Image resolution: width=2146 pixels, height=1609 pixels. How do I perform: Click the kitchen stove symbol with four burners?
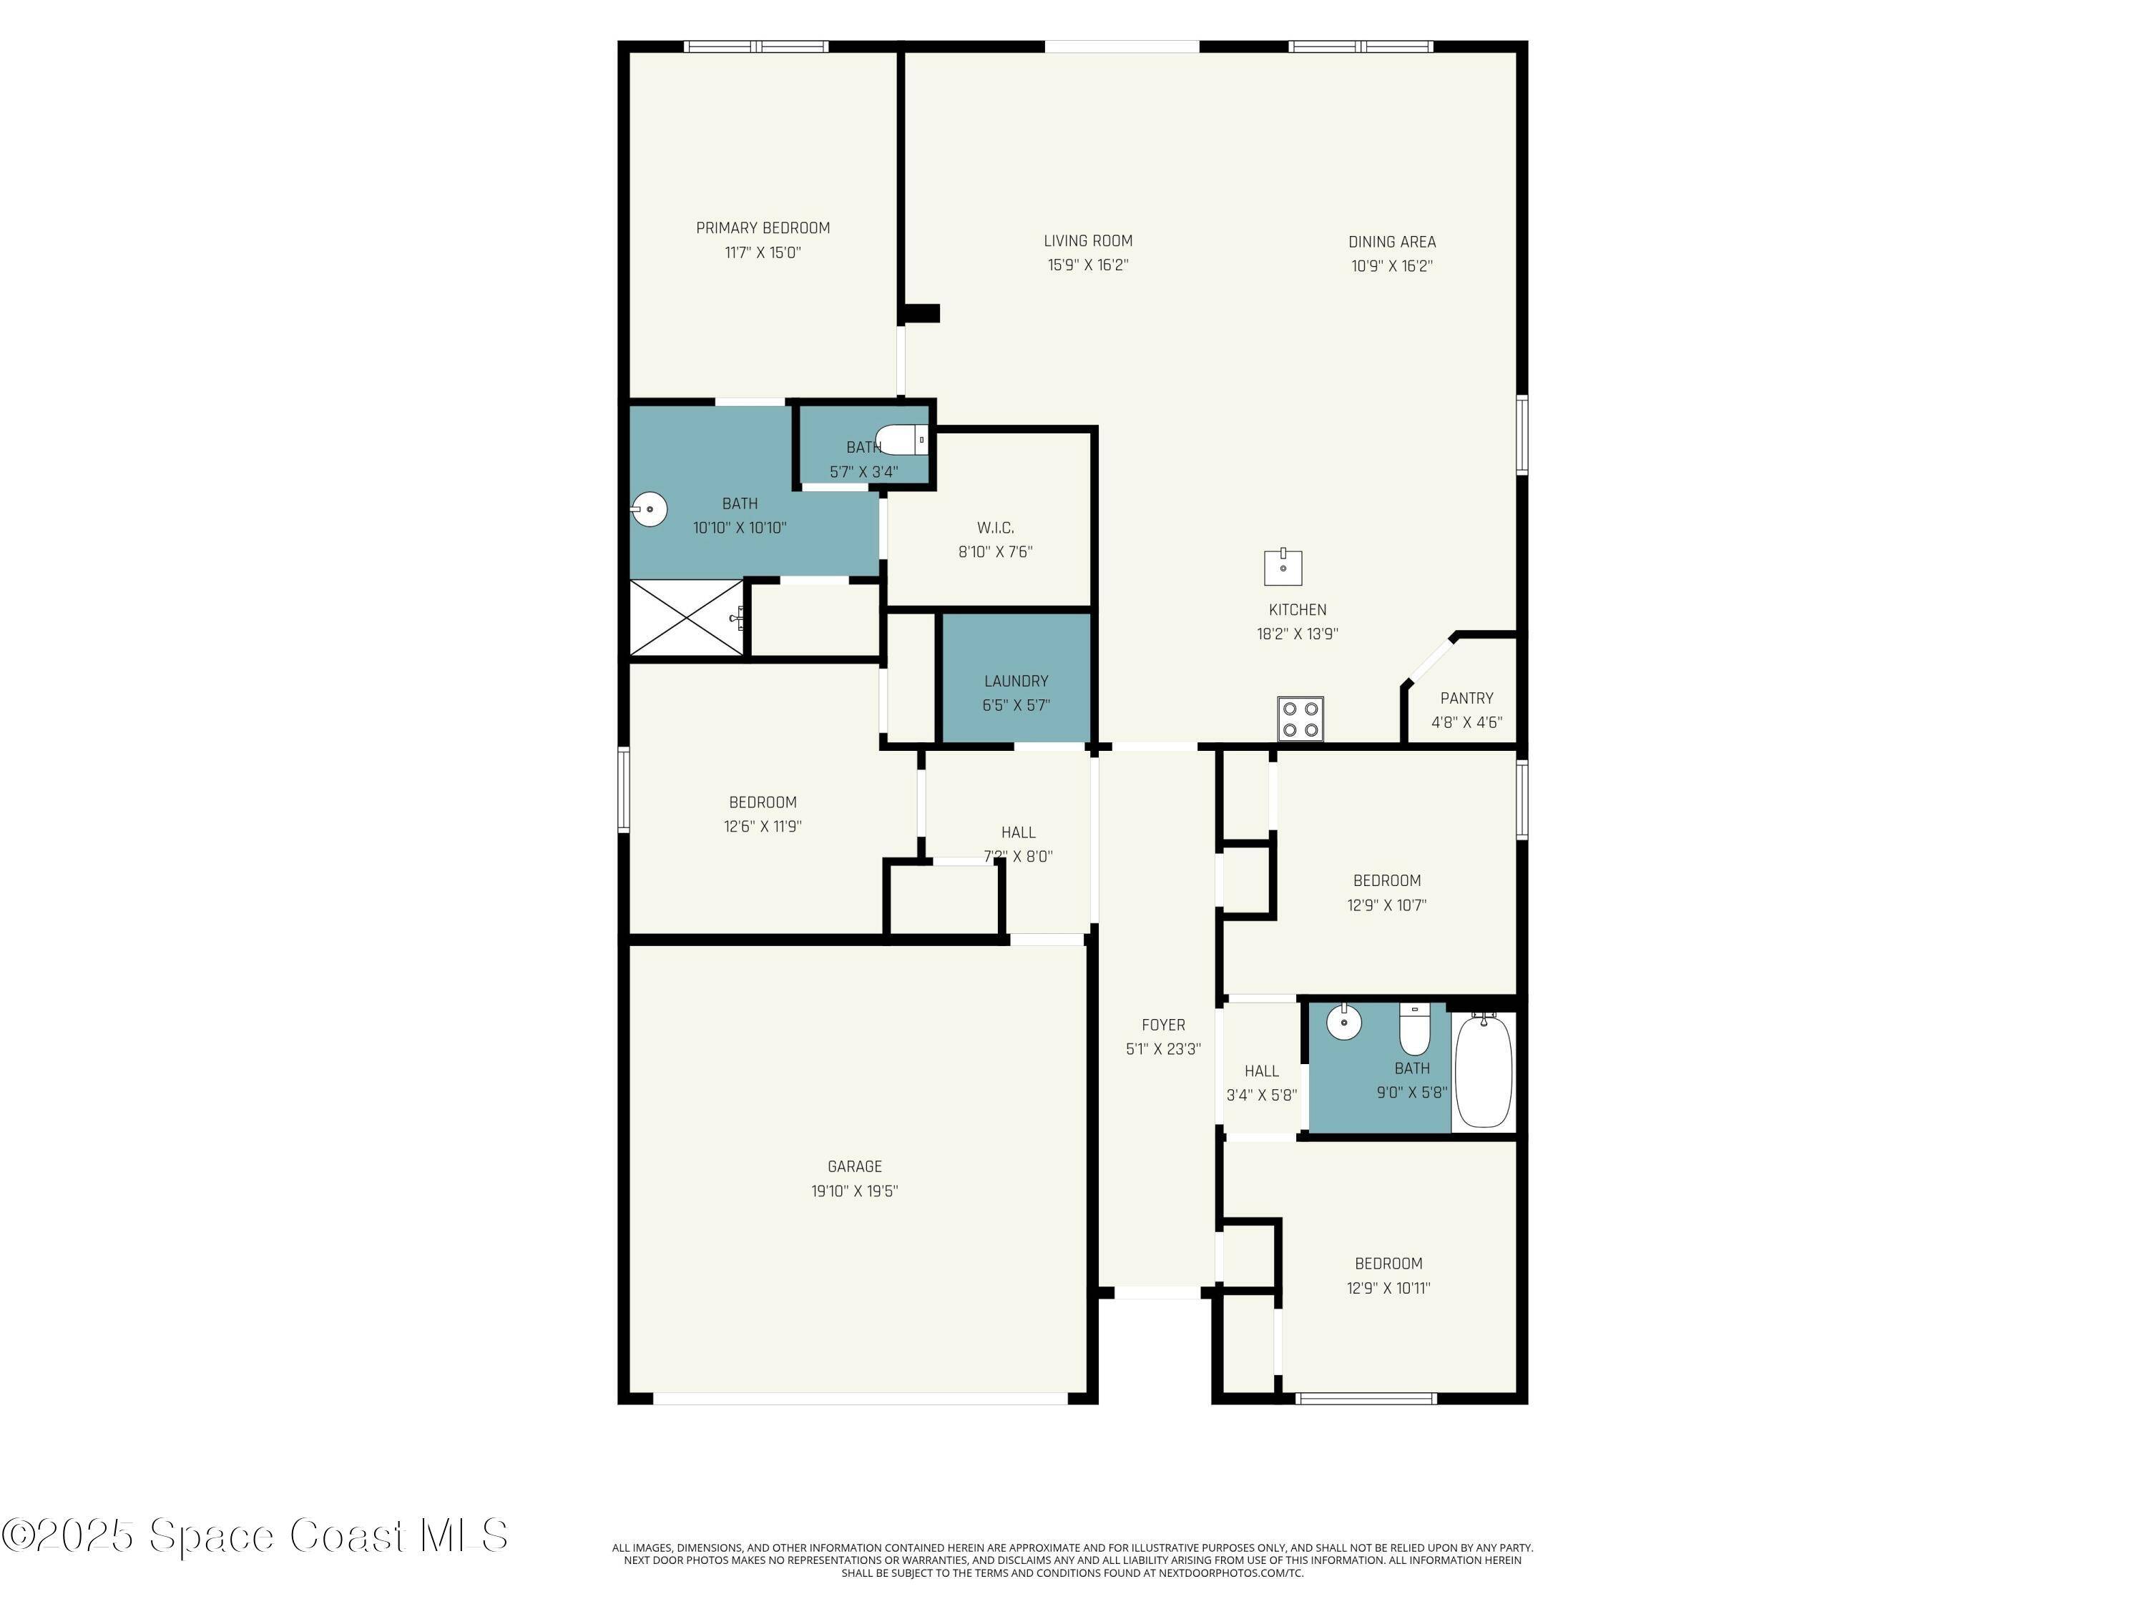point(1300,719)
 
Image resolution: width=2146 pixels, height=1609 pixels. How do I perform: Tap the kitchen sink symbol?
point(1283,567)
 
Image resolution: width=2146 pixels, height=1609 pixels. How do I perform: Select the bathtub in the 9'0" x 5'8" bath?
point(1484,1070)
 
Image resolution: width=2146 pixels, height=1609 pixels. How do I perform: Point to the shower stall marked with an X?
point(687,618)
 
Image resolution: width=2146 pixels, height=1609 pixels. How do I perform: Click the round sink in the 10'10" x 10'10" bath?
point(649,508)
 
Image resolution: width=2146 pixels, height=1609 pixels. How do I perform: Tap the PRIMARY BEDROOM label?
point(763,228)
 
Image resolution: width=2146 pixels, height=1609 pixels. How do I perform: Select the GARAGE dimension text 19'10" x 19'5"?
point(855,1191)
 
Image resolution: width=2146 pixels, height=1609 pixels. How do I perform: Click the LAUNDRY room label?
point(1016,681)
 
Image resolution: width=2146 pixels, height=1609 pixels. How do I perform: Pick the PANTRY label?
point(1466,698)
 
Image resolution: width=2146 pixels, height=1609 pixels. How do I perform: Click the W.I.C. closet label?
point(996,528)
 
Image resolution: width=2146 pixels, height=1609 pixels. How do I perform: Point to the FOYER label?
point(1163,1025)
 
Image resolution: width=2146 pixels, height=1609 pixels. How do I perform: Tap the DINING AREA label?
point(1391,242)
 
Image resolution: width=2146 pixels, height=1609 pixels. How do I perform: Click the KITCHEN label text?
point(1297,610)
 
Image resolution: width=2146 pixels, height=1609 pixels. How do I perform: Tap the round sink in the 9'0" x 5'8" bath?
point(1343,1021)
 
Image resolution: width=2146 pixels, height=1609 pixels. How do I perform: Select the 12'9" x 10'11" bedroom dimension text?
point(1388,1288)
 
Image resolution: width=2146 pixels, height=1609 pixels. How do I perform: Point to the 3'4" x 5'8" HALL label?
point(1261,1071)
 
